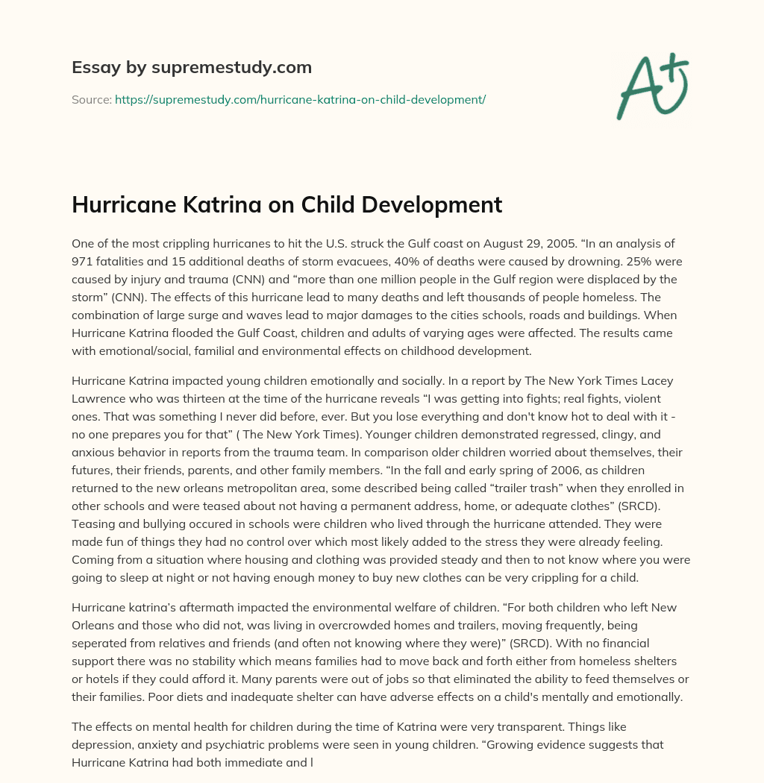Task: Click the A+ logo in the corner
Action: (x=651, y=86)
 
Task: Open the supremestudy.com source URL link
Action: (x=300, y=99)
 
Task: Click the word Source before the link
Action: (x=91, y=99)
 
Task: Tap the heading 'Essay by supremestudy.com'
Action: (x=191, y=67)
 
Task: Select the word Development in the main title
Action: (x=433, y=204)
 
